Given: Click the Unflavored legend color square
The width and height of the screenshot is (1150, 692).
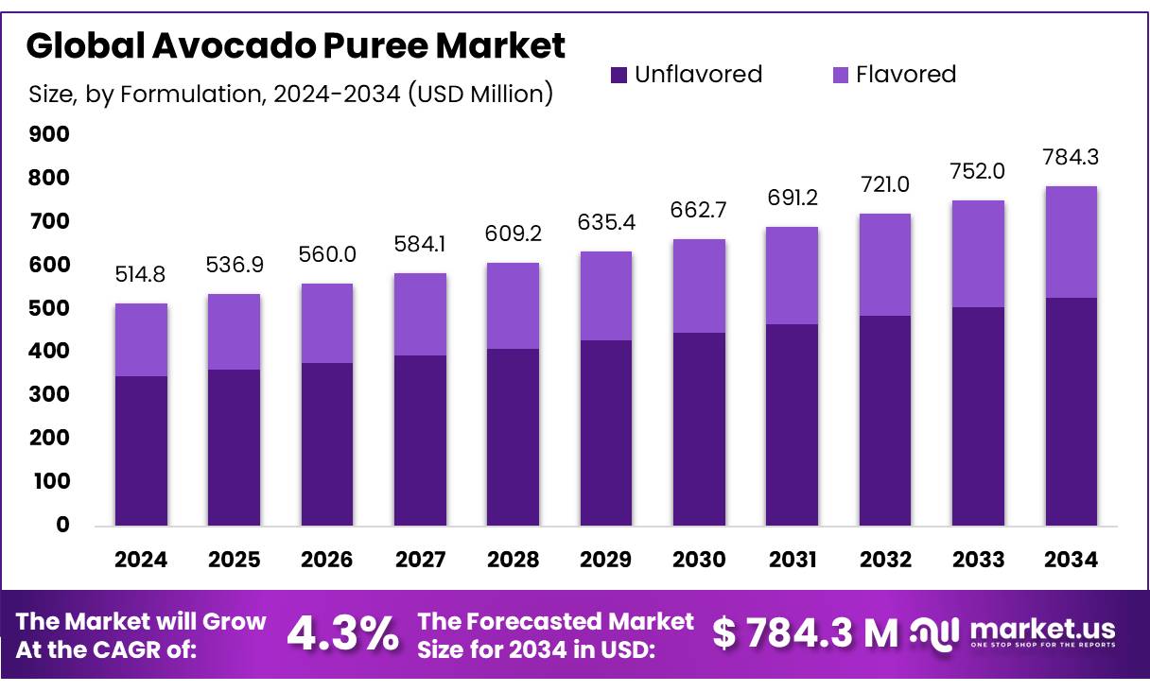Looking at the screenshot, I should point(619,75).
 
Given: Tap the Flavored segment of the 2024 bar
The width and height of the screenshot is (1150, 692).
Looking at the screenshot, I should point(141,339).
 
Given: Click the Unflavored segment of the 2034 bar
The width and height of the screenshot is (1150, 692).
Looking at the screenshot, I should point(1072,411).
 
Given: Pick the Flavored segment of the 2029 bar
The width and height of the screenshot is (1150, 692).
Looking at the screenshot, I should point(606,296).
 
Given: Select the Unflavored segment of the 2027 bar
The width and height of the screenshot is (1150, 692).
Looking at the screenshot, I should point(420,440).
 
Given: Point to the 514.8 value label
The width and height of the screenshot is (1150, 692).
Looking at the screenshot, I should point(141,274).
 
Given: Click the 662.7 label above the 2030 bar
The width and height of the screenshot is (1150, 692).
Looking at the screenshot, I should point(699,210).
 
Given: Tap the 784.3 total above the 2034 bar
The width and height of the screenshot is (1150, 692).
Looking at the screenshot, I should point(1072,156).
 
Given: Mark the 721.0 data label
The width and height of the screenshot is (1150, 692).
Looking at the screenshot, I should point(885,183).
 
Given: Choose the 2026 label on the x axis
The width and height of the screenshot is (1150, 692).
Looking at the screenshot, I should point(327,560).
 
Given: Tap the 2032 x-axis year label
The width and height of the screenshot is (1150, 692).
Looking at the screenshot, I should point(885,560).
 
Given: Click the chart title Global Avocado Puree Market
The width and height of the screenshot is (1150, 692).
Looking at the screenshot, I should point(295,44).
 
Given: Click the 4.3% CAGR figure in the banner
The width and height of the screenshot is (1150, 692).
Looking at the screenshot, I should point(342,634).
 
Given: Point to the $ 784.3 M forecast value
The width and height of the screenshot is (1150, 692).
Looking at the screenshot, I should point(805,634).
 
